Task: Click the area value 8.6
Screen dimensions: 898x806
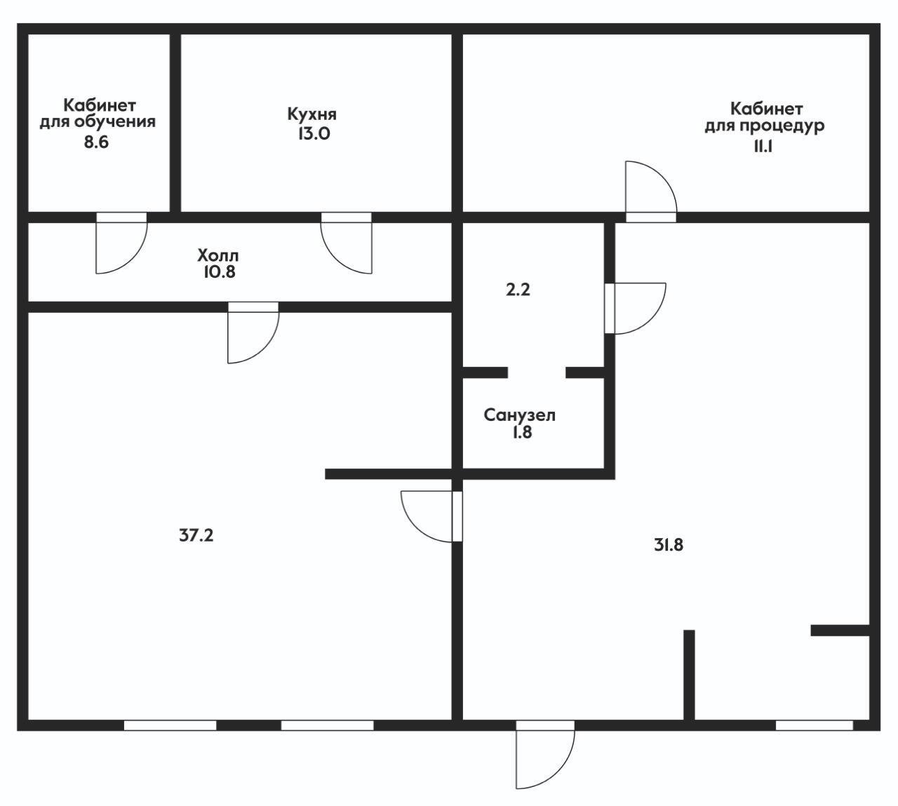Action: pyautogui.click(x=96, y=142)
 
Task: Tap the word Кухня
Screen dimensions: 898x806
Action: pyautogui.click(x=312, y=114)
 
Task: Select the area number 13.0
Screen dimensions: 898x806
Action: pyautogui.click(x=314, y=133)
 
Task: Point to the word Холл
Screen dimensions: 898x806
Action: pyautogui.click(x=217, y=255)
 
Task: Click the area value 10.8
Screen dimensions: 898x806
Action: pyautogui.click(x=220, y=271)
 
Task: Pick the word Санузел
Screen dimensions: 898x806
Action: pyautogui.click(x=519, y=415)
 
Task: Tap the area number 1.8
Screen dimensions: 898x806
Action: pyautogui.click(x=522, y=432)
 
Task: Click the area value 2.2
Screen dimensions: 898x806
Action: pyautogui.click(x=518, y=290)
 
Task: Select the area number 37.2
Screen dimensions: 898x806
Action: pyautogui.click(x=196, y=535)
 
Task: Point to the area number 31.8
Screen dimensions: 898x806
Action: pyautogui.click(x=669, y=545)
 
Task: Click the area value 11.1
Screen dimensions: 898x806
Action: pyautogui.click(x=763, y=146)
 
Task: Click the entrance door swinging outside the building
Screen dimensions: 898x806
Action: pyautogui.click(x=545, y=762)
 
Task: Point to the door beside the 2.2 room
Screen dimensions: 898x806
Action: pyautogui.click(x=635, y=308)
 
